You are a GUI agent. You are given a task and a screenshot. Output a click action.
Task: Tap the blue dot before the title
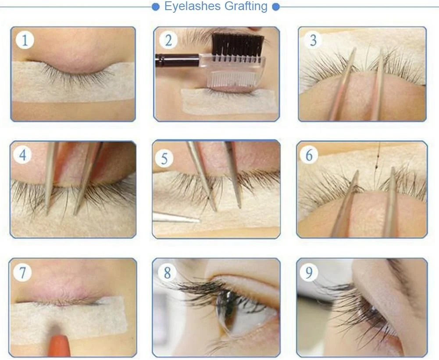(x=156, y=7)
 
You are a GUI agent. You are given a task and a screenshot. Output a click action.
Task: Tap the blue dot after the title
(x=276, y=7)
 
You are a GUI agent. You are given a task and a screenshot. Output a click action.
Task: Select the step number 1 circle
(x=25, y=40)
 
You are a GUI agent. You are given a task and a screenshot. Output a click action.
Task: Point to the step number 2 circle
(x=168, y=40)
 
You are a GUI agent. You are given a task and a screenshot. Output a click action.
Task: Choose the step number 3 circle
(x=313, y=40)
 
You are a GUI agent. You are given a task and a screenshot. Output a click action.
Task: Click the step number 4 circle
(x=23, y=155)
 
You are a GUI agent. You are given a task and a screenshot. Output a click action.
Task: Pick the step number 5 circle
(x=164, y=158)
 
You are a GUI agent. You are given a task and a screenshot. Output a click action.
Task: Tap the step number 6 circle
(x=309, y=155)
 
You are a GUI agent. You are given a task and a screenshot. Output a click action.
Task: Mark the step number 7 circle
(x=22, y=272)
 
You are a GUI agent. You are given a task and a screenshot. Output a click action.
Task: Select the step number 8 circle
(x=167, y=272)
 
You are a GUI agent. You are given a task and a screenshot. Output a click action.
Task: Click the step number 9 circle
(x=309, y=272)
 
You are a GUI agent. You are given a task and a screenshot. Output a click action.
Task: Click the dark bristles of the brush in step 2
(x=238, y=44)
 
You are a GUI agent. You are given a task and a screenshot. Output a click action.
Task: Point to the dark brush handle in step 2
(x=177, y=60)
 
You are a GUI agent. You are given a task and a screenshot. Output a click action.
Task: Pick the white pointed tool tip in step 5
(x=176, y=218)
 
